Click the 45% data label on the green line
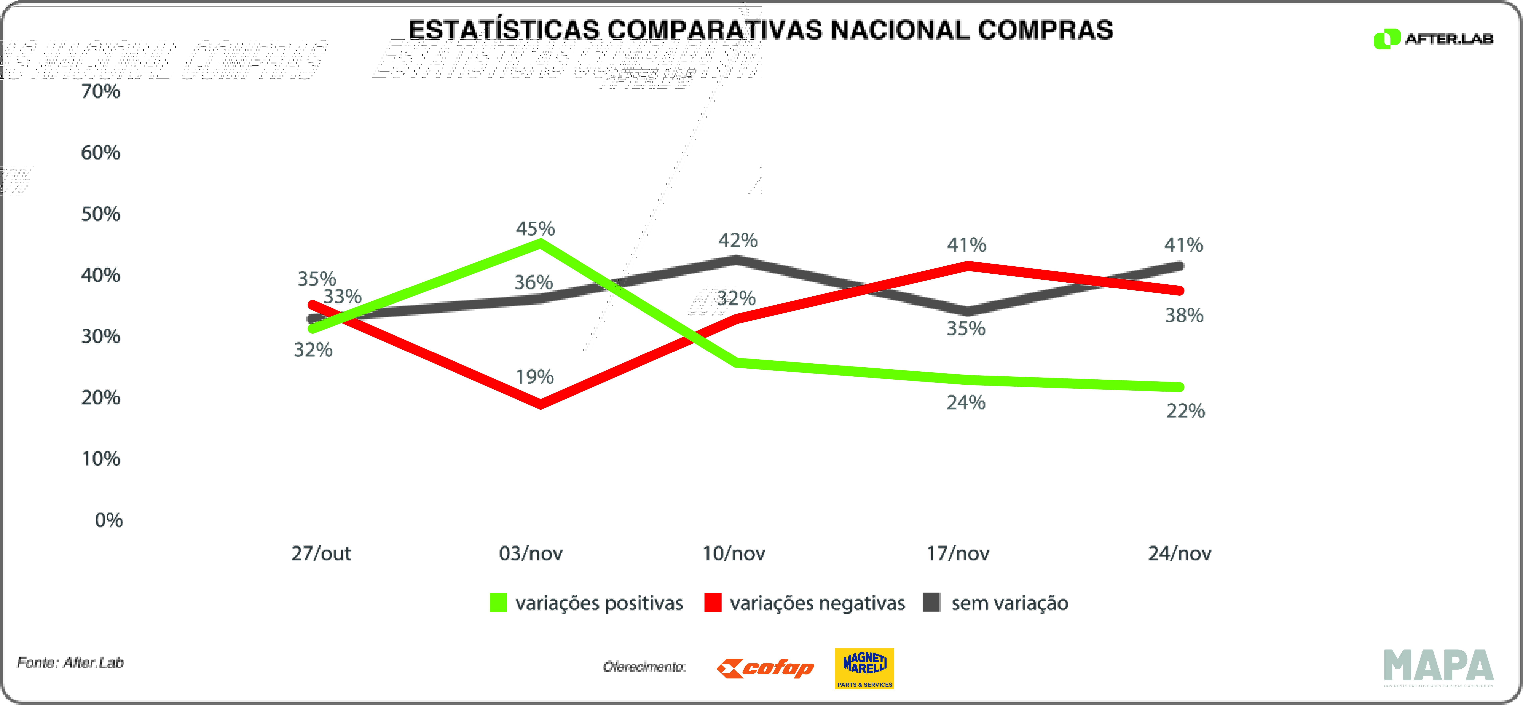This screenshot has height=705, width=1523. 535,229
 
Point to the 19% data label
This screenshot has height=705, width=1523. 534,377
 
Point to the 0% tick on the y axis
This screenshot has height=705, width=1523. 109,520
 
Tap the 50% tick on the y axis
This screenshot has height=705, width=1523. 100,214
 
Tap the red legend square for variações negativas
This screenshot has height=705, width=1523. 713,603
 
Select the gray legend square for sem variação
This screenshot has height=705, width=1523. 932,603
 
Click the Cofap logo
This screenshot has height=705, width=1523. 765,668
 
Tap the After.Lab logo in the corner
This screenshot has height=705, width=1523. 1433,39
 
